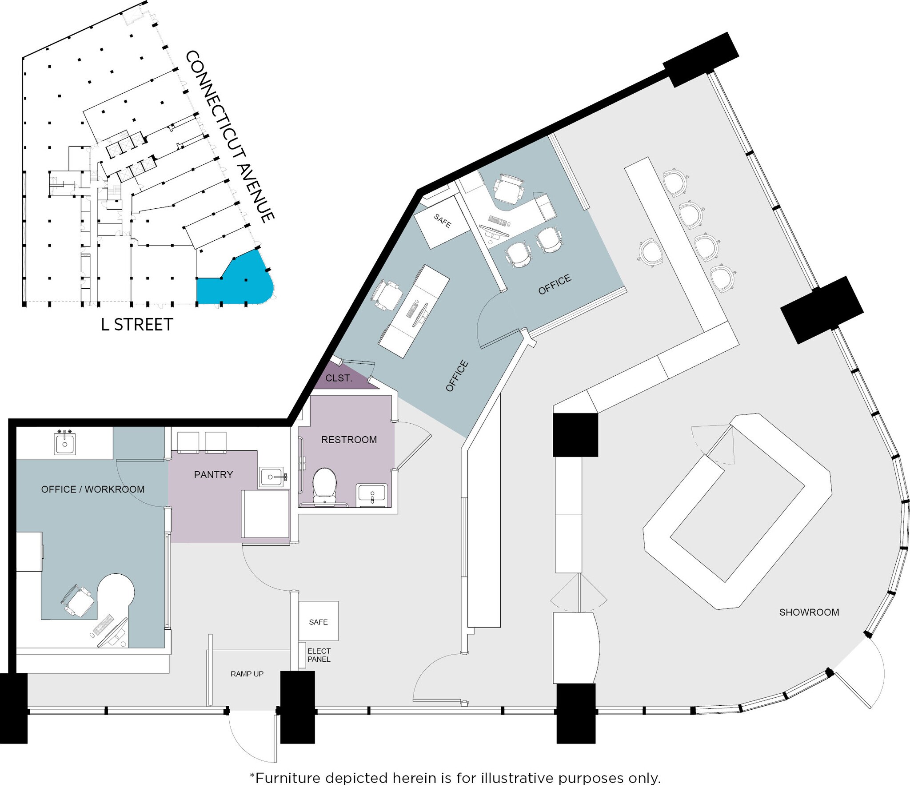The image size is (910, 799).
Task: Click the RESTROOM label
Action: [x=349, y=440]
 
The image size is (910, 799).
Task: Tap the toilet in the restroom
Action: [x=324, y=485]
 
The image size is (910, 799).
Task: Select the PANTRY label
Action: [x=213, y=474]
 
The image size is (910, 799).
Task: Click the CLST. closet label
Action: [x=338, y=378]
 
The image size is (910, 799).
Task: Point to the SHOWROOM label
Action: [x=809, y=612]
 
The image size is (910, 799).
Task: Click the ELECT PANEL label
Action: [x=319, y=655]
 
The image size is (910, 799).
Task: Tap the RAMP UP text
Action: [x=247, y=674]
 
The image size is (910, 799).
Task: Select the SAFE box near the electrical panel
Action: [x=318, y=622]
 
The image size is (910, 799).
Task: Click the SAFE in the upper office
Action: [x=443, y=221]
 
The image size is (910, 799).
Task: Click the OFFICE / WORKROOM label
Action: [x=92, y=489]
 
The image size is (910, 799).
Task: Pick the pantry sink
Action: [x=271, y=477]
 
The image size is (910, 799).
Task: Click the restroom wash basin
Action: [x=372, y=494]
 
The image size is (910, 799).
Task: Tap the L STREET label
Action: [x=137, y=325]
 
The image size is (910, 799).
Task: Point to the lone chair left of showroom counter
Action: [x=651, y=252]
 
